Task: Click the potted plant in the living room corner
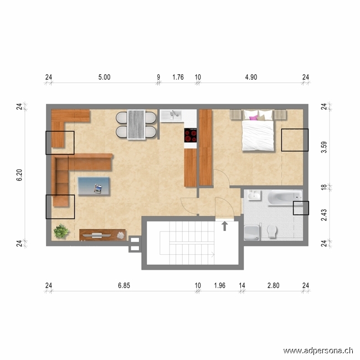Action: coord(61,231)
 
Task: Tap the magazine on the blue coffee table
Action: coord(99,188)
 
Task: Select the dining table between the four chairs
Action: coord(136,125)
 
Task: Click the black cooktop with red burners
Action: coord(191,136)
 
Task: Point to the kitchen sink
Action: coord(175,115)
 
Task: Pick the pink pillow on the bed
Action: coord(254,117)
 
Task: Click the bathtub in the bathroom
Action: coord(284,198)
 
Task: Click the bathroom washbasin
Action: coord(254,196)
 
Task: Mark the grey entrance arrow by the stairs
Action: coord(225,225)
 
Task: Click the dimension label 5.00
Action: coord(104,78)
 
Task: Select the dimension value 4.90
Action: coord(251,78)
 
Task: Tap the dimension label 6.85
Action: coord(125,286)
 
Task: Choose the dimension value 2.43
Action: coord(323,215)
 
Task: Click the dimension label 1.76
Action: coord(178,78)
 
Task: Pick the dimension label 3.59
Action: coord(323,147)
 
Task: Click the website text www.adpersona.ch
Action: coord(318,350)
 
